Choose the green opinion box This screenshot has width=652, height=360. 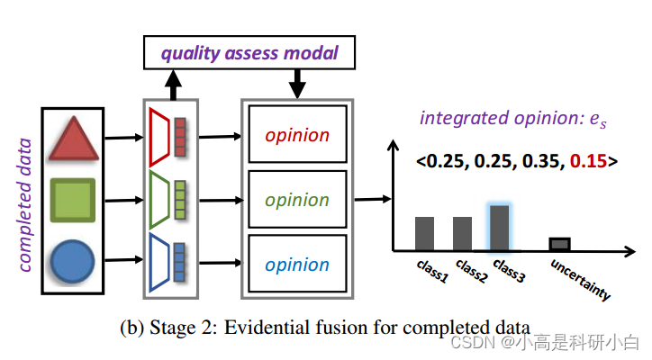297,199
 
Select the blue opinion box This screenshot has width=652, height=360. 297,264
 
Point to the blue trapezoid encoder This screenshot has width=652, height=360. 161,262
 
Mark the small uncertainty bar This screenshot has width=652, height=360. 560,244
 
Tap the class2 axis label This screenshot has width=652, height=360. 471,271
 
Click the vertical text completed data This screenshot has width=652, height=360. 24,203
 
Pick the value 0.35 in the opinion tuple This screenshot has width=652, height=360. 537,162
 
